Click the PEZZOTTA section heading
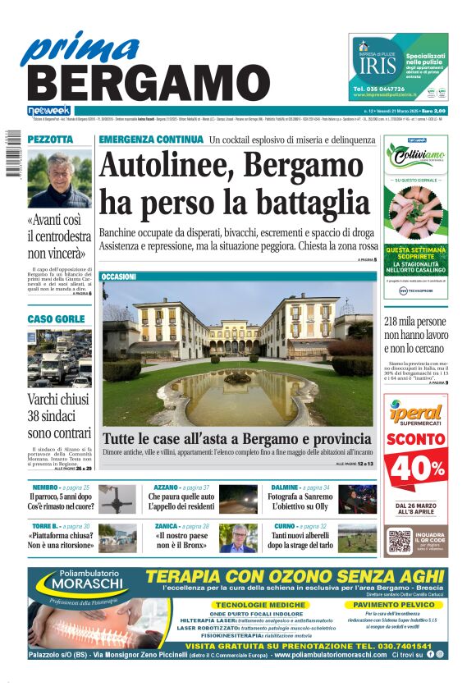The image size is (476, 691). (51, 140)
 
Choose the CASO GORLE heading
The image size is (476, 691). (56, 318)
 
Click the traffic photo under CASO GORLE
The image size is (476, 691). (59, 359)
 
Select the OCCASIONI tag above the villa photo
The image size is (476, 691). (119, 277)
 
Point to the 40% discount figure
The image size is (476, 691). (416, 468)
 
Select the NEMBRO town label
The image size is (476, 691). (44, 487)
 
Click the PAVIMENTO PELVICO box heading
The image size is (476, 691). (393, 604)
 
